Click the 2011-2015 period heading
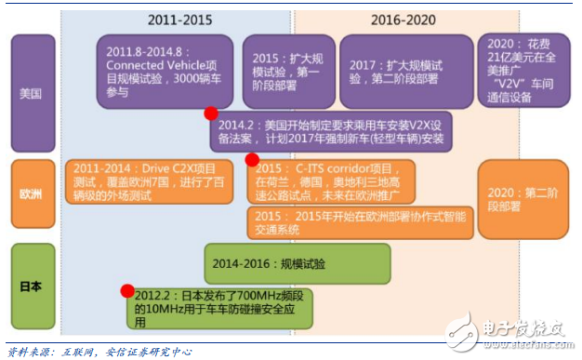click(x=179, y=19)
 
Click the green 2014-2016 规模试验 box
click(x=296, y=263)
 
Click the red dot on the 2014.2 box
click(x=211, y=113)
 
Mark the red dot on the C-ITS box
click(x=252, y=159)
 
